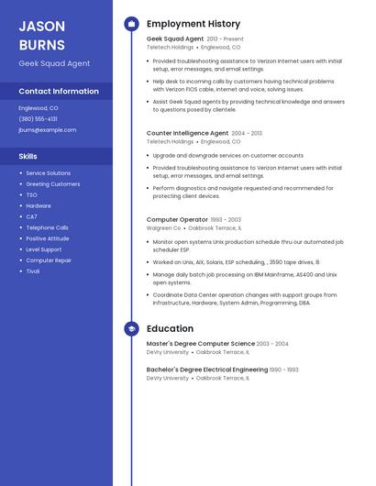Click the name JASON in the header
pyautogui.click(x=42, y=26)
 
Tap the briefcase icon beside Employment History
pyautogui.click(x=131, y=24)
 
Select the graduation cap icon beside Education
pyautogui.click(x=131, y=328)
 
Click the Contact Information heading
pyautogui.click(x=59, y=91)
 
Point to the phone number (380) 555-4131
pyautogui.click(x=38, y=118)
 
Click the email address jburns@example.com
pyautogui.click(x=47, y=129)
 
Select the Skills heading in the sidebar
pyautogui.click(x=28, y=156)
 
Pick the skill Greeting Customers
pyautogui.click(x=52, y=183)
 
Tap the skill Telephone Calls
pyautogui.click(x=47, y=227)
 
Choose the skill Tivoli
pyautogui.click(x=33, y=271)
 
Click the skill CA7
pyautogui.click(x=31, y=216)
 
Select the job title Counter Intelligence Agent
pyautogui.click(x=187, y=133)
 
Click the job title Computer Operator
pyautogui.click(x=177, y=219)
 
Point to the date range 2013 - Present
pyautogui.click(x=225, y=39)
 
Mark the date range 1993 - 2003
pyautogui.click(x=226, y=220)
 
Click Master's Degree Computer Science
pyautogui.click(x=200, y=344)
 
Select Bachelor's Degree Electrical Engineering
pyautogui.click(x=206, y=370)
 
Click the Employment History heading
pyautogui.click(x=194, y=24)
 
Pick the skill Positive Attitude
pyautogui.click(x=47, y=238)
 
